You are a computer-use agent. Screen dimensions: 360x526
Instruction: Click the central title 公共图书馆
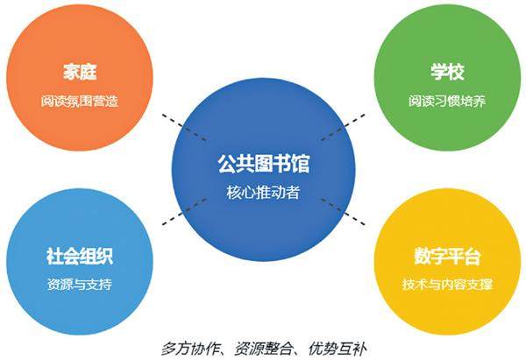(264, 164)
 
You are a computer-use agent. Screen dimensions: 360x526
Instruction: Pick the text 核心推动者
(264, 193)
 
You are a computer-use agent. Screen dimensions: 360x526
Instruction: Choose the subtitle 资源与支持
(80, 286)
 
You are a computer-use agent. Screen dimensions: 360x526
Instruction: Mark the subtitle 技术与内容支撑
(447, 286)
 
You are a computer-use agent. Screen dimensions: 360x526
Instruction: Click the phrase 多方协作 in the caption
(188, 345)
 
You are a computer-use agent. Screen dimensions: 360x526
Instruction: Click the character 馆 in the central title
(301, 164)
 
